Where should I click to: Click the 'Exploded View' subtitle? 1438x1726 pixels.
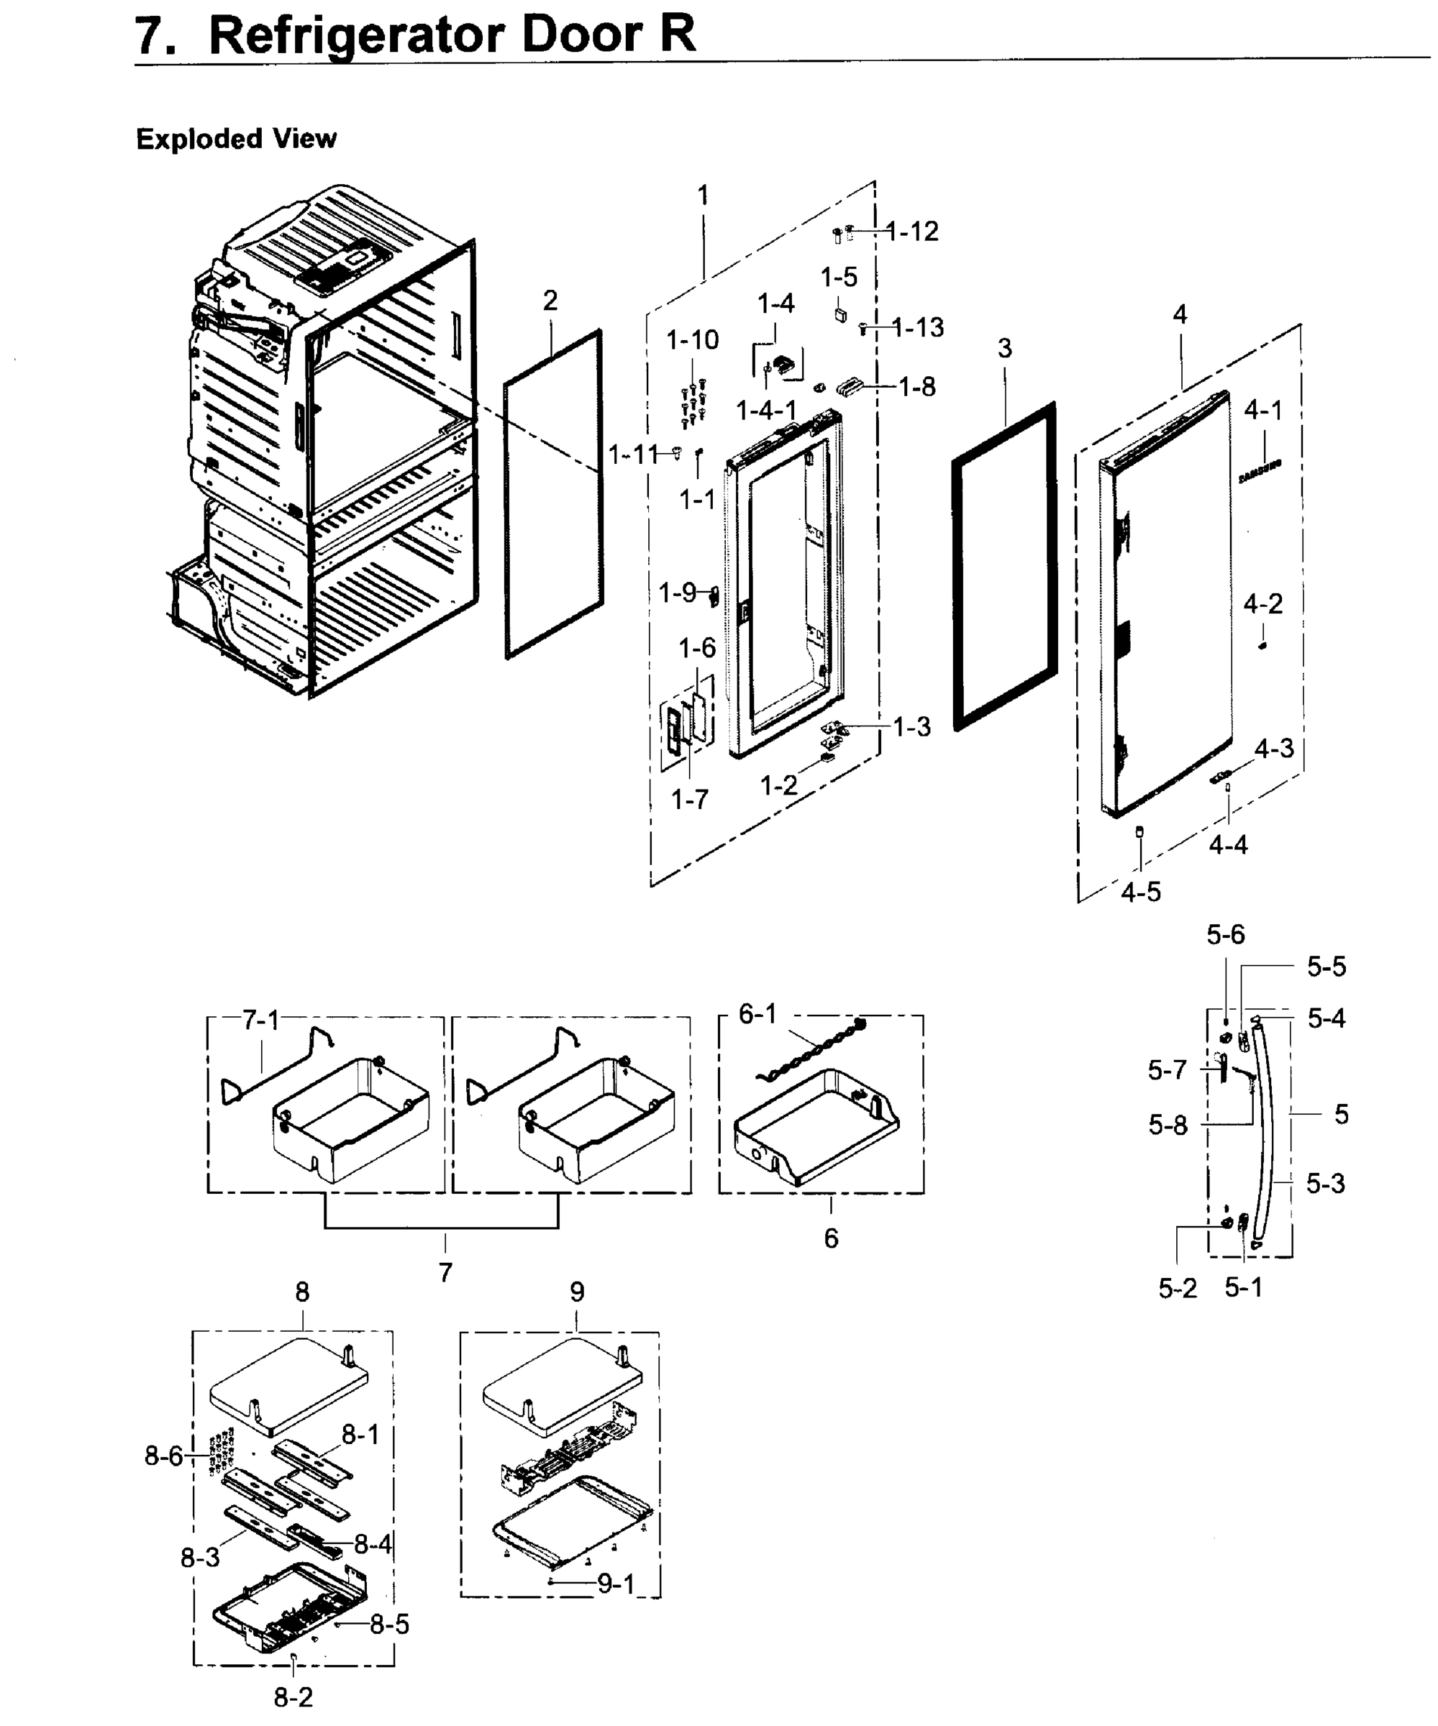coord(236,138)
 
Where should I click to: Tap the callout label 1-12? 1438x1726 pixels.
coord(913,232)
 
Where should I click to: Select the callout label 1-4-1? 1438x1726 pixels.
coord(765,409)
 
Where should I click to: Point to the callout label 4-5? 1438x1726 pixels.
coord(1140,892)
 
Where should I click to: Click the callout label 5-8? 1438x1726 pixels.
coord(1168,1125)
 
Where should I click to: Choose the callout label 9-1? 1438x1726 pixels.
coord(615,1584)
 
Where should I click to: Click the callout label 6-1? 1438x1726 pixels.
coord(757,1014)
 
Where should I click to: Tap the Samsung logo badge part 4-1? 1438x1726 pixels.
coord(1260,472)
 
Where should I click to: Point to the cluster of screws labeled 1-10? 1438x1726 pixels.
coord(692,403)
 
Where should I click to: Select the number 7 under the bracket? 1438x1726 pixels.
coord(445,1272)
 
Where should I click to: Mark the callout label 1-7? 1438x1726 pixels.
coord(689,798)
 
